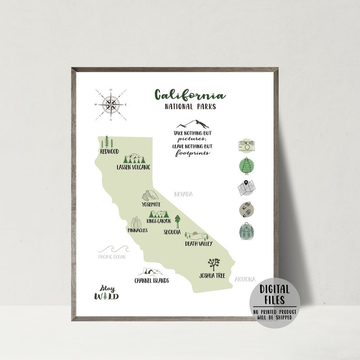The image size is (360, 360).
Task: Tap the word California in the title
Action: (189, 95)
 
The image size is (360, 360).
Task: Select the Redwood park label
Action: (109, 152)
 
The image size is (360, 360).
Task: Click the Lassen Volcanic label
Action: (133, 167)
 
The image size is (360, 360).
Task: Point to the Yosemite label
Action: (151, 204)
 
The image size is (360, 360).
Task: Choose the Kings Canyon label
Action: (159, 221)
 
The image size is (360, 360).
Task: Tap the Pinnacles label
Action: (138, 230)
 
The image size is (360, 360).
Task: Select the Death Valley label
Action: (198, 244)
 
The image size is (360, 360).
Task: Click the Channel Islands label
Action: (152, 281)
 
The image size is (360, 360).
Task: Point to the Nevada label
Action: (183, 194)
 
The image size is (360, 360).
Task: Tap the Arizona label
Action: (245, 279)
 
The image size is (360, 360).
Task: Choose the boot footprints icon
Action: (247, 210)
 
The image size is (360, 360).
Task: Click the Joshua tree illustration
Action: (213, 264)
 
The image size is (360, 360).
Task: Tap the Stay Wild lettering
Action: (107, 292)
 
